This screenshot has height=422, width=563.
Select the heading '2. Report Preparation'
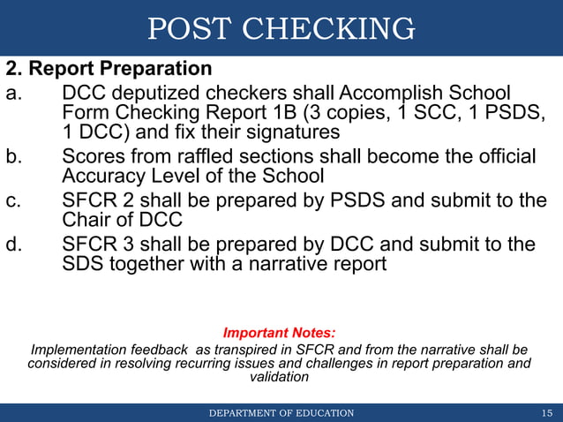(109, 68)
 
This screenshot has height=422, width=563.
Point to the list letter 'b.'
(15, 156)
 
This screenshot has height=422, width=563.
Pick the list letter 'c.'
(15, 200)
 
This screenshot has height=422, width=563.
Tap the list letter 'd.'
(15, 244)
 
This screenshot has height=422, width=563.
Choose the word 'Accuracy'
(101, 176)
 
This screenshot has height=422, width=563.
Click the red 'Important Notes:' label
(279, 333)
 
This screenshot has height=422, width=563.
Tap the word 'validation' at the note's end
(279, 377)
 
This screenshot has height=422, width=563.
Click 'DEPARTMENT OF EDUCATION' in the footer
(281, 412)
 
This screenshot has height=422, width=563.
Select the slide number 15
(546, 412)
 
